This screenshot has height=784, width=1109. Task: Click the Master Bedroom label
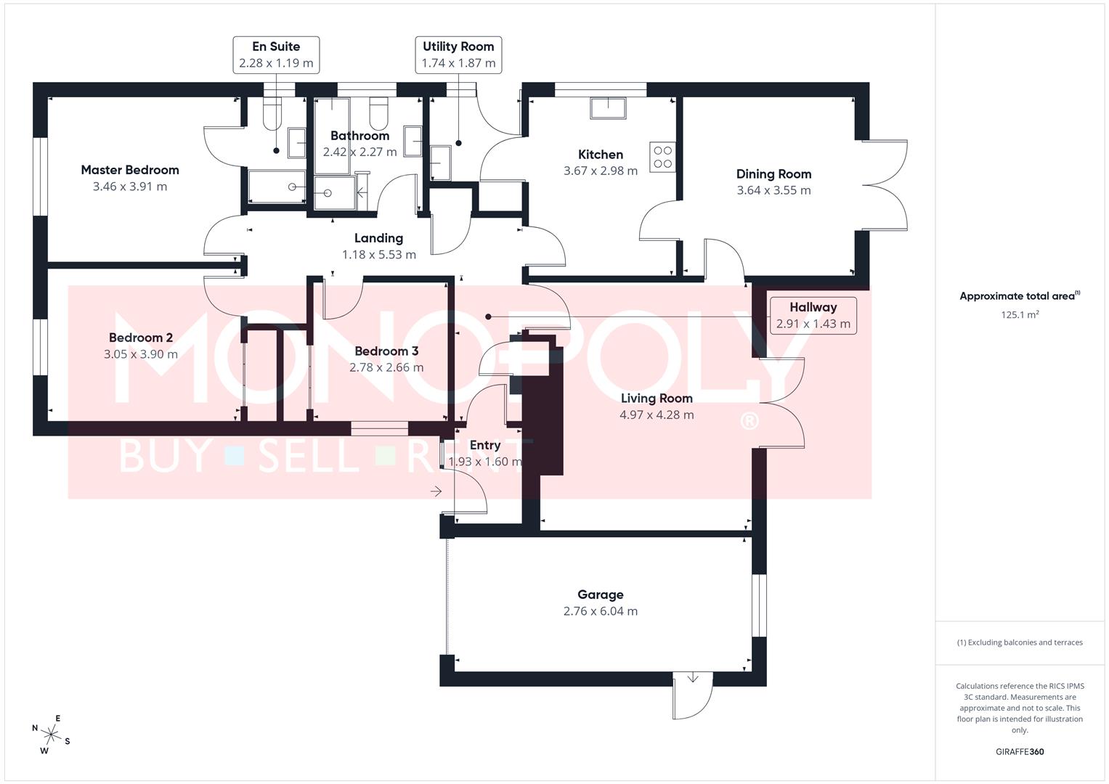pos(130,170)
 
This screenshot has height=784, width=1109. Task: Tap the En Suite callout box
pos(276,55)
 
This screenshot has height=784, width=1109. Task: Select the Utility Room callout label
pos(458,46)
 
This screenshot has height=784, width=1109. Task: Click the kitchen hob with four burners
pos(662,157)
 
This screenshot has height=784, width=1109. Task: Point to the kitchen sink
pos(608,107)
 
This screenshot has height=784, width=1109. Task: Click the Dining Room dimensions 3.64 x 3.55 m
pos(773,190)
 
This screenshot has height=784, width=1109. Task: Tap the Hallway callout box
pos(813,315)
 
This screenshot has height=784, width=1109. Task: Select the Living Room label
pos(657,398)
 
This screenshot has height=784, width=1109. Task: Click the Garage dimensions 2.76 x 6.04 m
pos(601,611)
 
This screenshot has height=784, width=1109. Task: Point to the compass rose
pos(51,734)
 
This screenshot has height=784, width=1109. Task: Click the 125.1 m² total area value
pos(1020,315)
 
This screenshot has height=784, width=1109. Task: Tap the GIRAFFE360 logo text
pos(1020,752)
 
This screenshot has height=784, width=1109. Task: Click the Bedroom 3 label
pos(386,351)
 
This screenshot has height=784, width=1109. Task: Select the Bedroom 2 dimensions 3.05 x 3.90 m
pos(141,354)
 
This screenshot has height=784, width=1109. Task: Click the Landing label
pos(378,238)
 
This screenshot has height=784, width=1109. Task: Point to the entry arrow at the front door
pos(436,491)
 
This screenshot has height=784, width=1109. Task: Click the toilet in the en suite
pos(272,113)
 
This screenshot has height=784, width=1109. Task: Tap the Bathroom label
pos(359,136)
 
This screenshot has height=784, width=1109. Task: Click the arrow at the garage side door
pos(693,677)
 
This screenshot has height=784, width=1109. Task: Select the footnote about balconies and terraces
pos(1020,642)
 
